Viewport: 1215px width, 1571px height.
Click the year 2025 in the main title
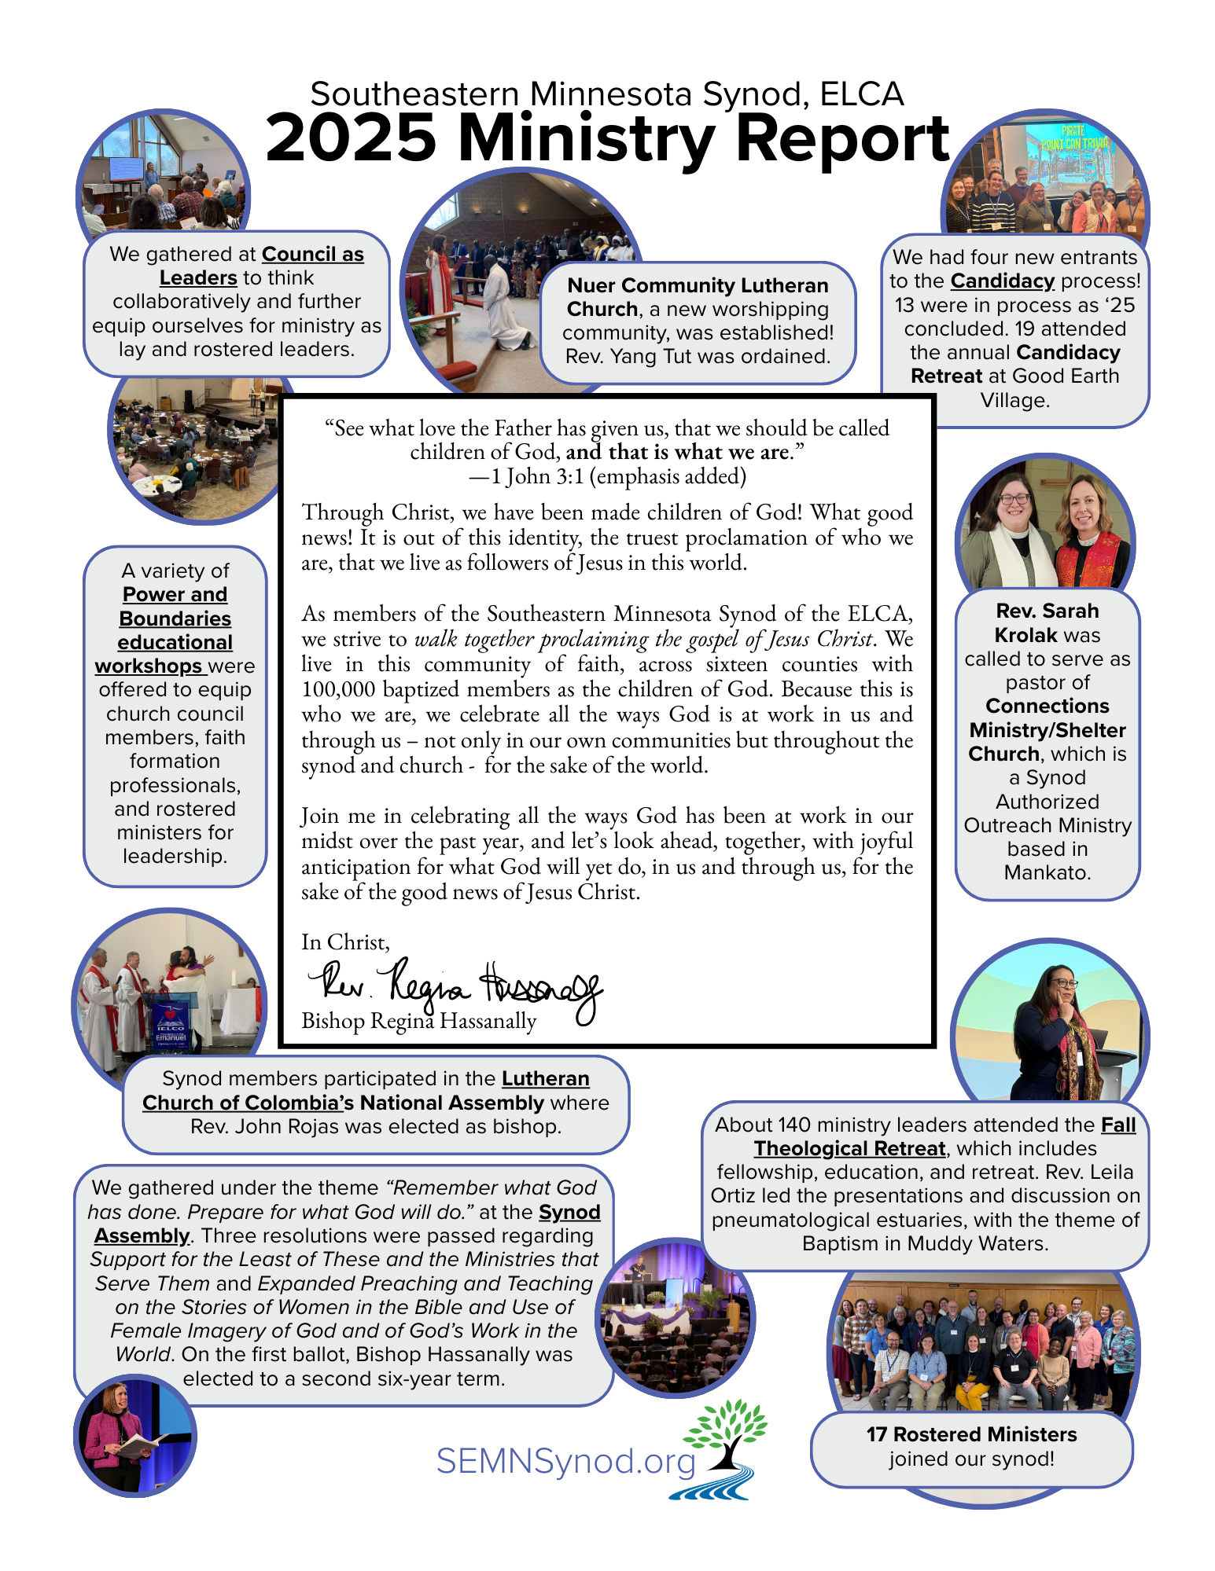[351, 138]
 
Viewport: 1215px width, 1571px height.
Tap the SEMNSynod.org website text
[565, 1462]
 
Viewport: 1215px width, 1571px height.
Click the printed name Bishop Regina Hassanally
[418, 1021]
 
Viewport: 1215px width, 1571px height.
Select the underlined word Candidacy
[1002, 281]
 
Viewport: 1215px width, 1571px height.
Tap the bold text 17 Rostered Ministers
[971, 1434]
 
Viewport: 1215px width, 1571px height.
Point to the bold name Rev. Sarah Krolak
[1047, 622]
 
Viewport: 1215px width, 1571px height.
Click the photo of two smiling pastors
[1045, 525]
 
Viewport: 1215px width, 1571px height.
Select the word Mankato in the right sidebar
[1047, 873]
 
